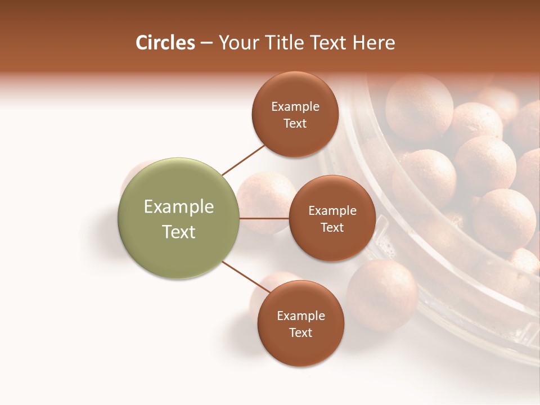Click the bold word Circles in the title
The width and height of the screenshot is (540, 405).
[165, 43]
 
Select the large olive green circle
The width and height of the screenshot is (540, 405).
[179, 218]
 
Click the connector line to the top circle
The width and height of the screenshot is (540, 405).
[244, 160]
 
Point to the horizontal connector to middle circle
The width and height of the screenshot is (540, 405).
[264, 218]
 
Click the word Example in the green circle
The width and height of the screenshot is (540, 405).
[179, 206]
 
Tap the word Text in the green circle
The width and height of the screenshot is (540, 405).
[179, 232]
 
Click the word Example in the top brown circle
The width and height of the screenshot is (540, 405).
[295, 107]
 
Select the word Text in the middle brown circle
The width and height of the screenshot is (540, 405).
[332, 227]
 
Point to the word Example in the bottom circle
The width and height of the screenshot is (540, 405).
[301, 316]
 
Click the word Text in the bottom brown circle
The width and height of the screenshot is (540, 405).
[300, 332]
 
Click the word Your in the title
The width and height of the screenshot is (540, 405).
[237, 43]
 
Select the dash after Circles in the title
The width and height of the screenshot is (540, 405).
[206, 43]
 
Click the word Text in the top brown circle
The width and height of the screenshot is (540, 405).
[295, 123]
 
